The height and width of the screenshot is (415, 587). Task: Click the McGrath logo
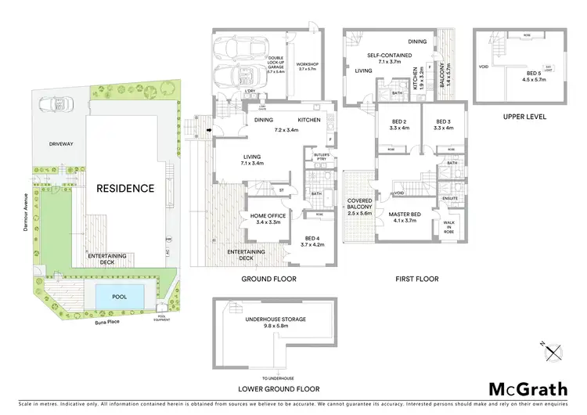(x=528, y=389)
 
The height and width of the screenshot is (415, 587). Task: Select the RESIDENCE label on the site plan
(x=125, y=189)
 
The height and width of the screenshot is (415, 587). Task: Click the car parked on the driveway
(x=53, y=104)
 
